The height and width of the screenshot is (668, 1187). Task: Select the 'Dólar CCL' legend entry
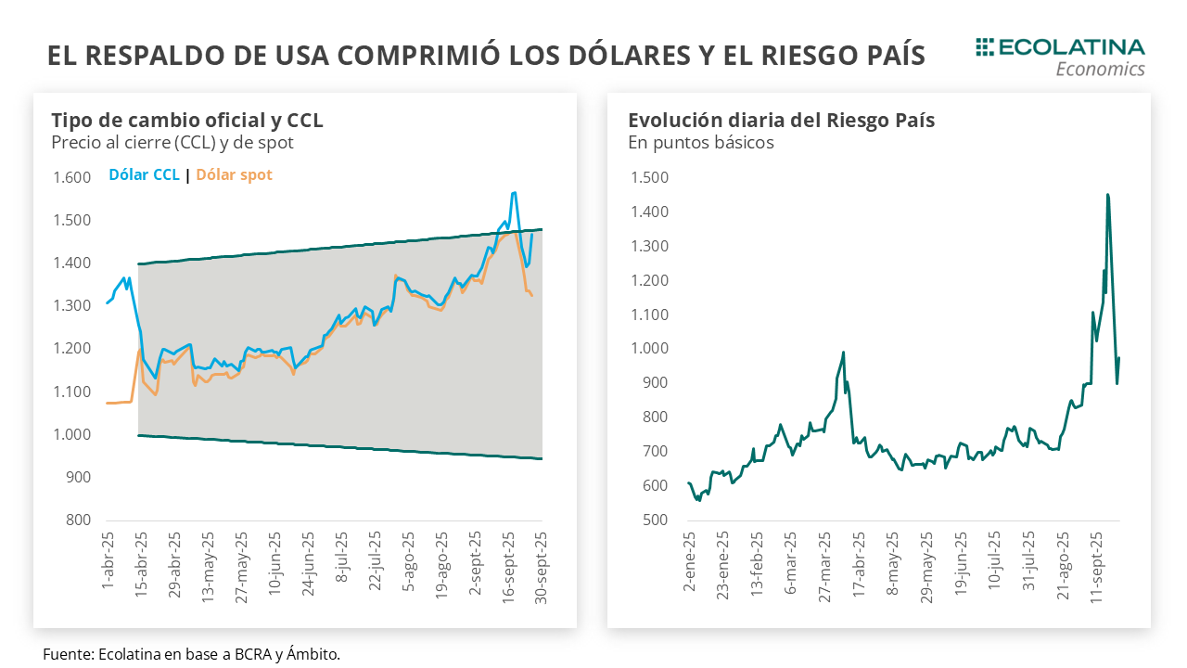click(x=144, y=174)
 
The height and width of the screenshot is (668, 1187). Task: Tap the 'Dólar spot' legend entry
click(x=234, y=174)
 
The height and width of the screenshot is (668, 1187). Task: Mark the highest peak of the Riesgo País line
click(x=1107, y=195)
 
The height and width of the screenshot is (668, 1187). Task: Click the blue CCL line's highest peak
click(x=514, y=193)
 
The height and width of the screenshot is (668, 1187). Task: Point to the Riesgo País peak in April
click(x=843, y=353)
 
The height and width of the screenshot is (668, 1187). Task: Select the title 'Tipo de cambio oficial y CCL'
click(x=187, y=121)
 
